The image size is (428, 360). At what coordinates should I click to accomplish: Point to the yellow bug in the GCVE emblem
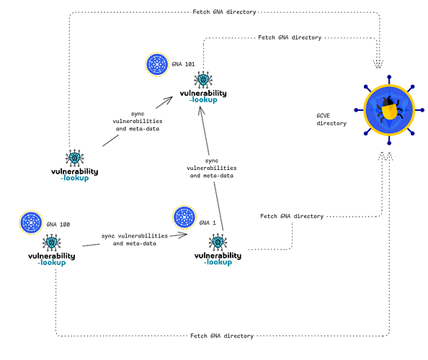[x=388, y=109]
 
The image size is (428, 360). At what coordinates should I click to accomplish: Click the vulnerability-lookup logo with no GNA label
[x=75, y=174]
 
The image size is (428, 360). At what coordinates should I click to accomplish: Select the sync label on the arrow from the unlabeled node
[x=136, y=122]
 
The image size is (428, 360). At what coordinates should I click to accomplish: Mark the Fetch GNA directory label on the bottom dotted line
[x=222, y=336]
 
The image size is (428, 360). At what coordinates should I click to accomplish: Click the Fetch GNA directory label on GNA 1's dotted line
[x=292, y=216]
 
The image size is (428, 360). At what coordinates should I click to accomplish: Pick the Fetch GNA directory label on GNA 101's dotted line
[x=290, y=37]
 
